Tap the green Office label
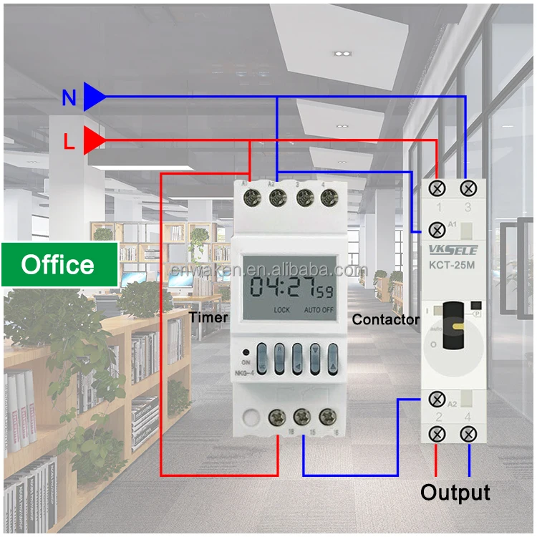click(x=59, y=265)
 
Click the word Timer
click(x=208, y=317)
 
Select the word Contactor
click(x=386, y=320)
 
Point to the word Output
click(x=455, y=493)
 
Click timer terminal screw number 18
click(x=277, y=417)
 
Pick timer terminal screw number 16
click(x=328, y=417)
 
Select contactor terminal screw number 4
click(x=469, y=433)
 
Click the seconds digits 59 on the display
click(x=325, y=291)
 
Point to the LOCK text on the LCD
click(x=282, y=310)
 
